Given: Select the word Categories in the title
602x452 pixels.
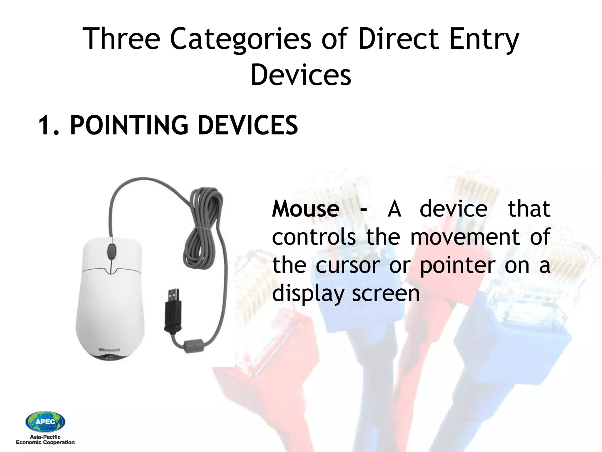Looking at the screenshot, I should point(240,39).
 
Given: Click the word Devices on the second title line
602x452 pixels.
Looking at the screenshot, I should point(301,75).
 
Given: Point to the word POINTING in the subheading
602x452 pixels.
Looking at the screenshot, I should point(129,125).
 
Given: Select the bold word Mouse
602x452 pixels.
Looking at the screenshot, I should point(306,209).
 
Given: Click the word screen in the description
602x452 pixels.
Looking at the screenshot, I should point(386,294).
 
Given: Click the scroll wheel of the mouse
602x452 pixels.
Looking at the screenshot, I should point(111,251).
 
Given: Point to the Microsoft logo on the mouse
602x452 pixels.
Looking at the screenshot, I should point(109,350).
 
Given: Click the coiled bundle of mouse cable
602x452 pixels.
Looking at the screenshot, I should point(203,230).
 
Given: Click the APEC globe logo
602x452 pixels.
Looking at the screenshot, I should point(45,422).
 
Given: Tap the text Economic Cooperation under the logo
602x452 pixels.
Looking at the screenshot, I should point(45,442).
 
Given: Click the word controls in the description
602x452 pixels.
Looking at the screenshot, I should point(314,237).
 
